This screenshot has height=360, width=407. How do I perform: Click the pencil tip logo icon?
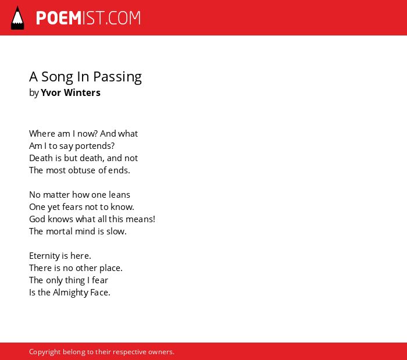coord(17,18)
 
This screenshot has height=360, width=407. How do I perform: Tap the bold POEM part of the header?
coord(59,18)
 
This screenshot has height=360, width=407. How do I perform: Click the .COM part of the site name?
coord(123,18)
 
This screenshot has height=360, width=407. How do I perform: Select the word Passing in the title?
coord(117,77)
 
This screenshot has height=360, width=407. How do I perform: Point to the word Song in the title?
coord(57,77)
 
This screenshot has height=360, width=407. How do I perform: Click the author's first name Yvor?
coord(51,92)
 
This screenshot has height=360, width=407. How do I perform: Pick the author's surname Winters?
coord(82,92)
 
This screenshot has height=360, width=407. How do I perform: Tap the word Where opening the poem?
coord(42,134)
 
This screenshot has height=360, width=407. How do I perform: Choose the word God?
coord(37,219)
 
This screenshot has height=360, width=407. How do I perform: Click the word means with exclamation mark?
coord(141,219)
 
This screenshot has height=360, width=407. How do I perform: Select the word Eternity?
coord(44,256)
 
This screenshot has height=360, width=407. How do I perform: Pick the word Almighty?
coord(70,293)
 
